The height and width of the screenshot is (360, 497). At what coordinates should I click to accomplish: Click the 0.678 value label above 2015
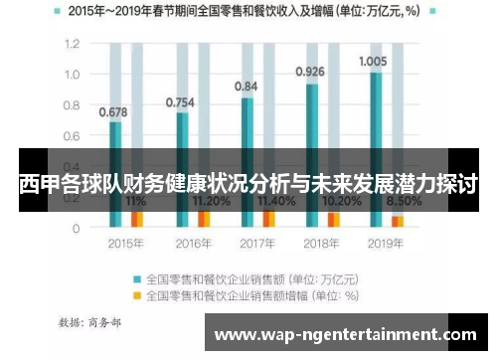coord(113,111)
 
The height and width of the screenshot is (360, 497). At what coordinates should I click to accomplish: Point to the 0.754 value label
coord(180,101)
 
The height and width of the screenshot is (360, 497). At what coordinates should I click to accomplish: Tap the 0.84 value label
coord(246,87)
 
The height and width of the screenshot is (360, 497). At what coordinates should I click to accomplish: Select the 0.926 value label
coord(310,71)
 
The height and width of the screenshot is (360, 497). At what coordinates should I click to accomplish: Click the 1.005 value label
coord(373,61)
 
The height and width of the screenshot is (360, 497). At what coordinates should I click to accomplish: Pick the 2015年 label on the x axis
coord(123,243)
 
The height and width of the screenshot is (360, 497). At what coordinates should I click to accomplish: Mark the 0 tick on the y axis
coord(76,228)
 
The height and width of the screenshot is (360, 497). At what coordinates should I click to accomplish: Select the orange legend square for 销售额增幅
coord(137,295)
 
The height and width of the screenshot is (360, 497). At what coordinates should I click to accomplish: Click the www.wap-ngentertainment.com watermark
coord(345,335)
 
